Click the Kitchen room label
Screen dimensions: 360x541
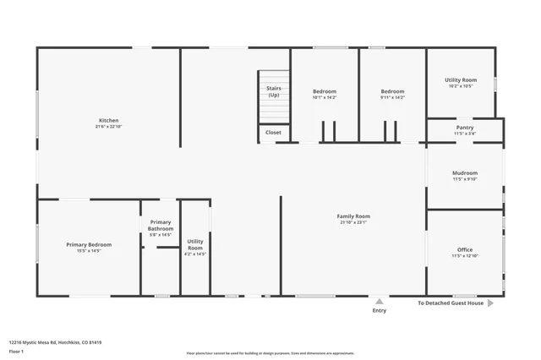108,121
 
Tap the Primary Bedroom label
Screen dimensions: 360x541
89,244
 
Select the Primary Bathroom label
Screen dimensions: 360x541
160,226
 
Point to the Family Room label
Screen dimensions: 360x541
353,216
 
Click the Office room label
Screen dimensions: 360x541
465,249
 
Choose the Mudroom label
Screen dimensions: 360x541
465,173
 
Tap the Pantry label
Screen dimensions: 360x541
465,128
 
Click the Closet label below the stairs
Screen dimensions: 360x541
274,133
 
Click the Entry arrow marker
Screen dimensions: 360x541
380,300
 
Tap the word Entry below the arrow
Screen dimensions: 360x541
380,310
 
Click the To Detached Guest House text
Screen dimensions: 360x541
451,303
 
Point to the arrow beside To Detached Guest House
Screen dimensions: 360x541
491,303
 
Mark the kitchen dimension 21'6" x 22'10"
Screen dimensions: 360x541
108,127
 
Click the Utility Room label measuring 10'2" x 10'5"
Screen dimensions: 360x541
461,80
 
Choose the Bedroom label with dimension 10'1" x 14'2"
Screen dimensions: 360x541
325,91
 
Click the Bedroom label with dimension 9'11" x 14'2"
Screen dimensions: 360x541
392,91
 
